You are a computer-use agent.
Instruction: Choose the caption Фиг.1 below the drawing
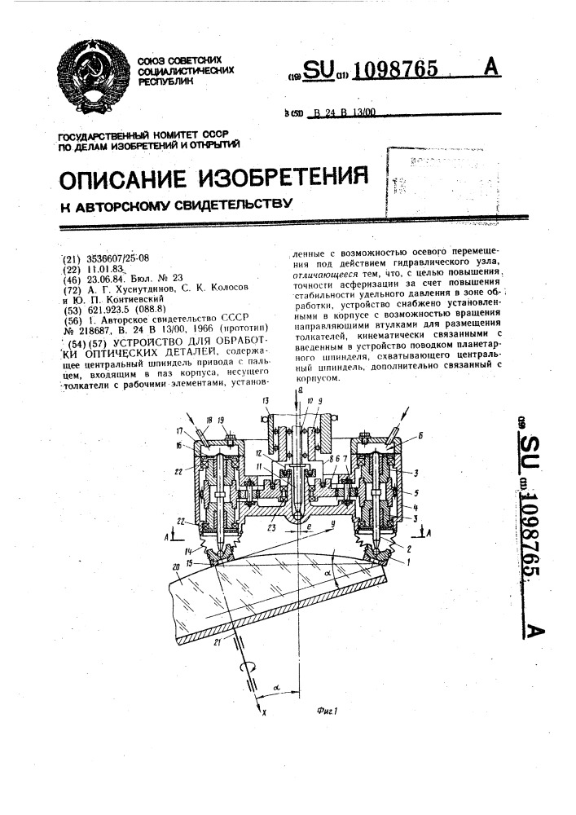pos(328,710)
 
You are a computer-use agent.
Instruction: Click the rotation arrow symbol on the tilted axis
pos(244,667)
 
